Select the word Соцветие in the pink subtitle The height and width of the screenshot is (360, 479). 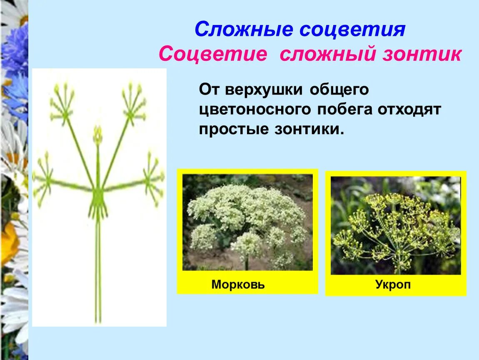(212, 55)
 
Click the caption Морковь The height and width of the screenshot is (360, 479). (238, 285)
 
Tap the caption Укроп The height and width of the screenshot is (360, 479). (392, 285)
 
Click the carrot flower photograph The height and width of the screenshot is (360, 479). (247, 222)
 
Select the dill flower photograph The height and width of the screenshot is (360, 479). (396, 225)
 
